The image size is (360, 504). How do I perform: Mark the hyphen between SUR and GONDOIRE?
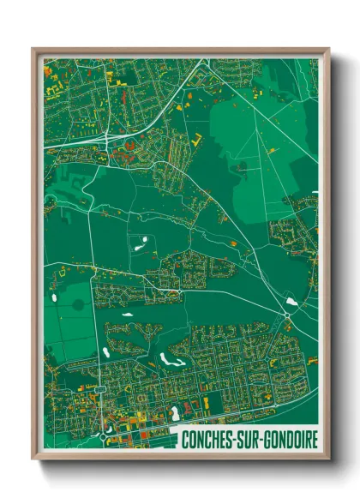pyautogui.click(x=272, y=439)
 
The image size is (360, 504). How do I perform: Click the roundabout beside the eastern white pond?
pyautogui.click(x=287, y=315)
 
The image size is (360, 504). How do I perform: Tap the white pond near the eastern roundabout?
pyautogui.click(x=292, y=302)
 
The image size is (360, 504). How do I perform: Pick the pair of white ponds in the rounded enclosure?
pyautogui.click(x=141, y=242)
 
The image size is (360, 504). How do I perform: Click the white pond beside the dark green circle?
pyautogui.click(x=57, y=299)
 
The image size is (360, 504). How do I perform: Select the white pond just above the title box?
pyautogui.click(x=176, y=414)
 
